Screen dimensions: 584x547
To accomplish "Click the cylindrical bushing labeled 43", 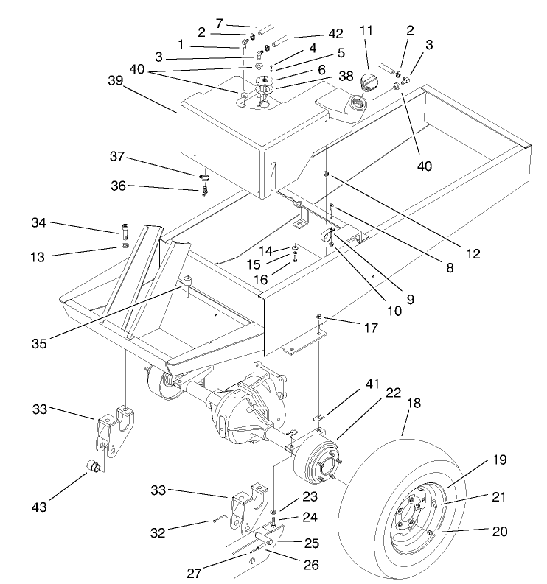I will [x=94, y=467].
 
